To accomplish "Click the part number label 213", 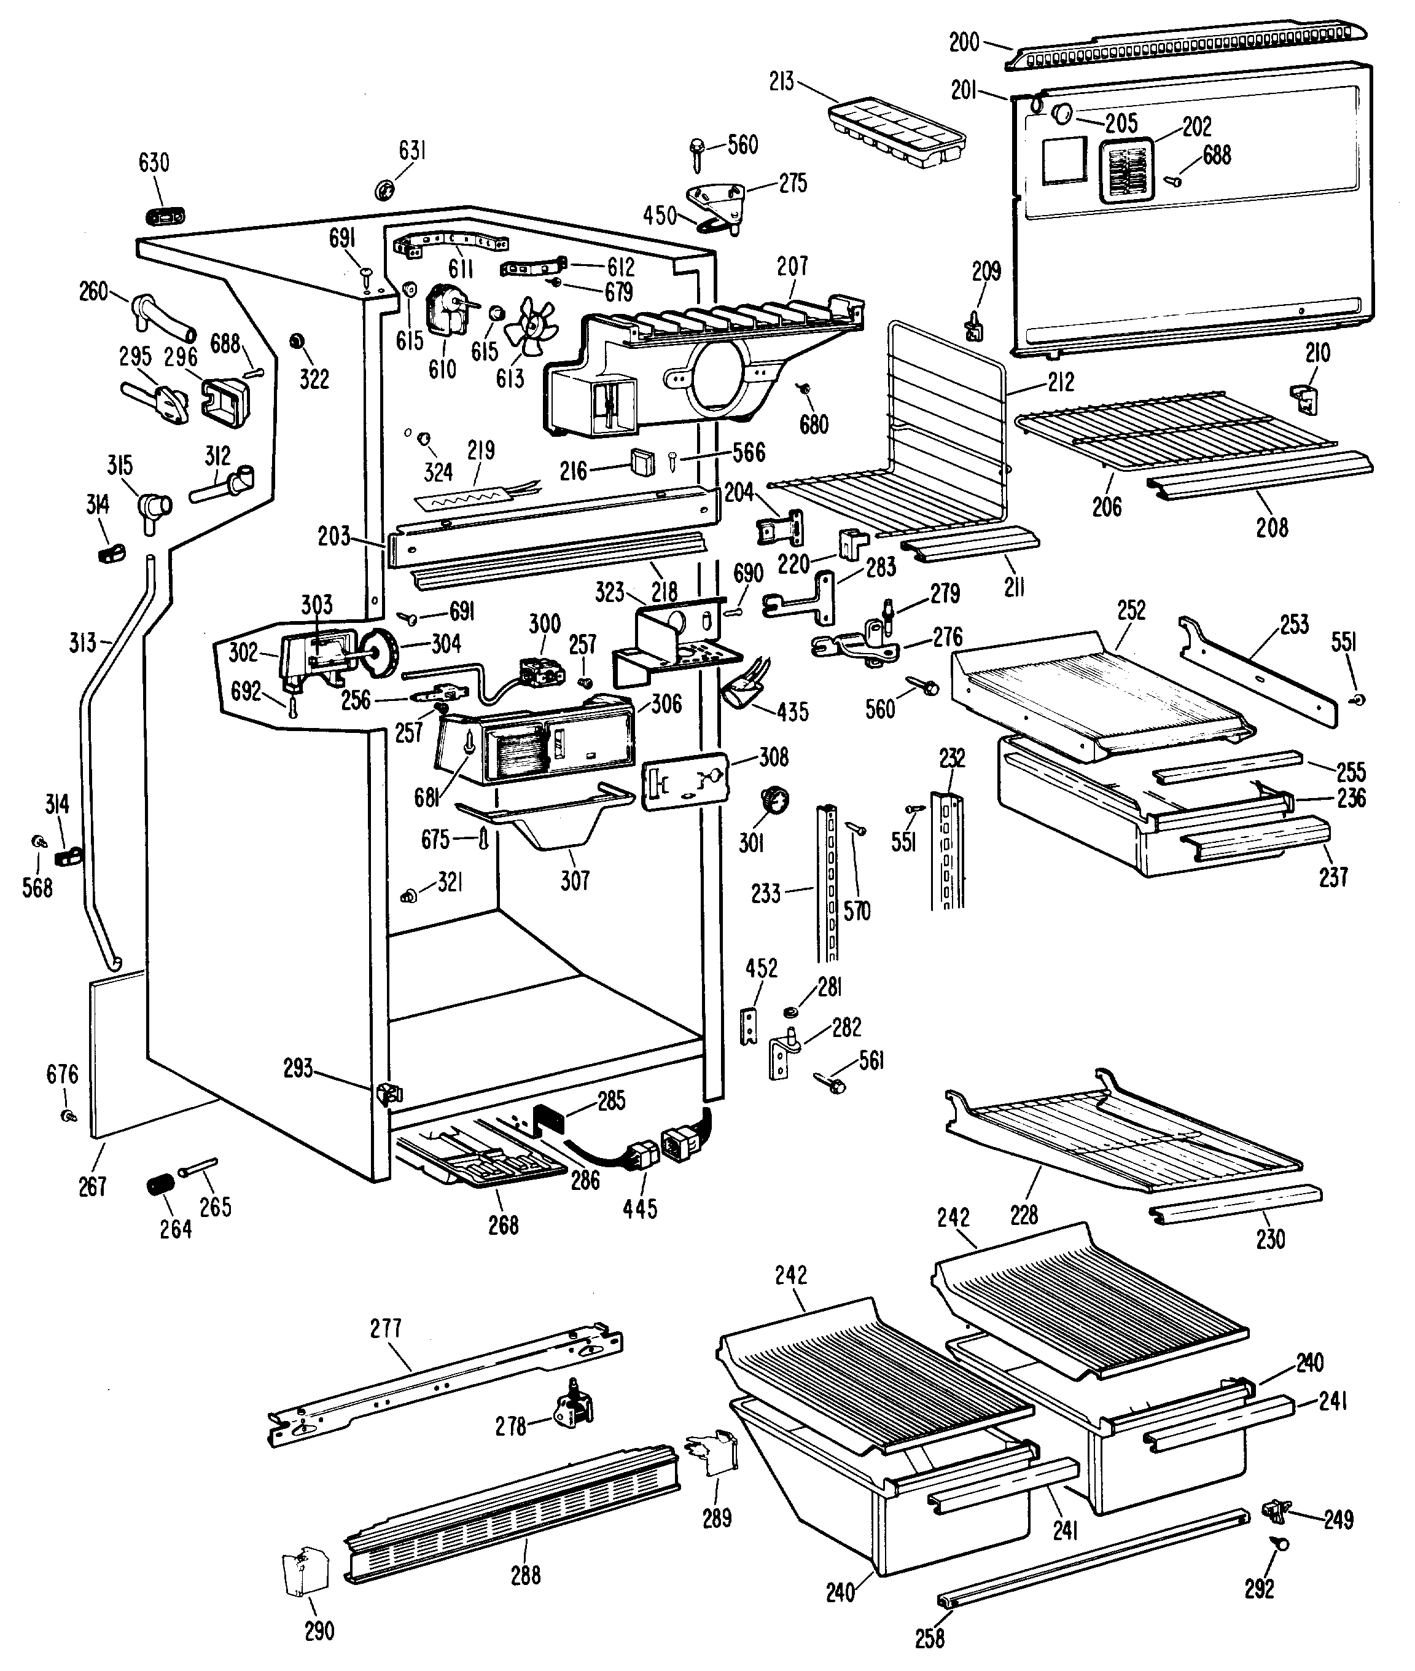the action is pos(781,81).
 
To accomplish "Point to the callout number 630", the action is pos(154,163).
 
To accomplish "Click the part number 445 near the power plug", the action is pos(639,1208).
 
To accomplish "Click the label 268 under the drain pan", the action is pos(503,1225).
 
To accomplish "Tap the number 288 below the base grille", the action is pos(526,1575).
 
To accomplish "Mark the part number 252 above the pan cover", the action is pos(1131,611).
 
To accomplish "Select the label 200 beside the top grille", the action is pos(964,42).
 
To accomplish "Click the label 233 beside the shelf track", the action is pos(765,893).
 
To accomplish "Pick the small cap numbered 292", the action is pos(1281,1542).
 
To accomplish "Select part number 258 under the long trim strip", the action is pos(930,1638).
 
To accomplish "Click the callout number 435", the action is pos(792,711).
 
